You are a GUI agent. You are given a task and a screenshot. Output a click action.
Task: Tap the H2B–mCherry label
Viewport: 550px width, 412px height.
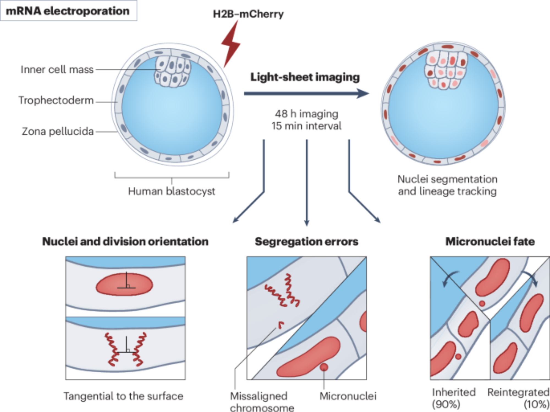coord(248,14)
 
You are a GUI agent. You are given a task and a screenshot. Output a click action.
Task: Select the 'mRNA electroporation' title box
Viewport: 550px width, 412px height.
coord(68,11)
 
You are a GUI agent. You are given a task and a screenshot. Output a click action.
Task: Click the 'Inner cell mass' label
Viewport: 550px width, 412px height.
coord(57,70)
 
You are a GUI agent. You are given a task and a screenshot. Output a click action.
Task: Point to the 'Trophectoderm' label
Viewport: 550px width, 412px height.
coord(56,100)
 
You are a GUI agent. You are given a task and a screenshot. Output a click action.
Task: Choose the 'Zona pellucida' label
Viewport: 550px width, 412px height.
coord(58,132)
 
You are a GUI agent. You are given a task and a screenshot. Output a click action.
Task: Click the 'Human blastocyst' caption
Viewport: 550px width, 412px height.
coord(171,191)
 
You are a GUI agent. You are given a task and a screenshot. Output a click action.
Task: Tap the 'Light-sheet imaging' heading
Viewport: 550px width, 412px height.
coord(305,77)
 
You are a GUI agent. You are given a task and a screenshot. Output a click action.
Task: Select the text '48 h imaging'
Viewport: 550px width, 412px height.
coord(307,114)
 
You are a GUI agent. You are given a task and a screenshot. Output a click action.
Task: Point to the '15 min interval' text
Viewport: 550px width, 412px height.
coord(306,126)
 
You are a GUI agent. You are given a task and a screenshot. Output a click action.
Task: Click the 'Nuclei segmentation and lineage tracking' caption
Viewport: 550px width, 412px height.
coord(447,185)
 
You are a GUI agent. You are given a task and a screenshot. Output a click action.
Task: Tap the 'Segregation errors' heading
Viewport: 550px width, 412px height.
coord(306,242)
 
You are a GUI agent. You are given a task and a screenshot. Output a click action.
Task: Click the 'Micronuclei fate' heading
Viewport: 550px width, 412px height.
coord(490,242)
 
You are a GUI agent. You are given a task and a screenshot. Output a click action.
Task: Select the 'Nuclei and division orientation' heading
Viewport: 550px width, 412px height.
coord(125,242)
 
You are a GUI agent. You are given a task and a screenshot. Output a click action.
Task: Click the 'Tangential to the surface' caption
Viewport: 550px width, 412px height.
coord(123,396)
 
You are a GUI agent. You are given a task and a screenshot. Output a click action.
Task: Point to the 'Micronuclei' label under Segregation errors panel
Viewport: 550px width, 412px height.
coord(348,396)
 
